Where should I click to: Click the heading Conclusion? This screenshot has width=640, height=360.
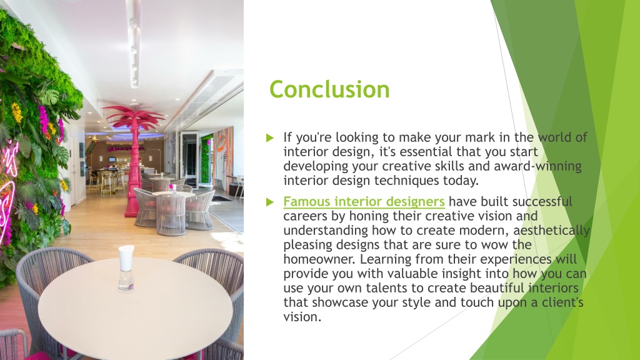point(329,90)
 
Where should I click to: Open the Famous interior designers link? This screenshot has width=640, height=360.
point(364,202)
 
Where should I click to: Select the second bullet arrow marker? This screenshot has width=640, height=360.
point(270,202)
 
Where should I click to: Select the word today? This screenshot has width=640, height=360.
point(461,181)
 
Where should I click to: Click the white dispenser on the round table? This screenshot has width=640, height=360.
point(126,267)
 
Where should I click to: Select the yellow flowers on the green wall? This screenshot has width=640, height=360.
point(17,112)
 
